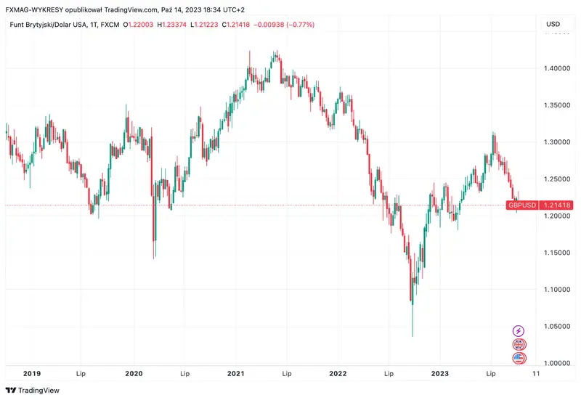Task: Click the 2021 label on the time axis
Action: (x=235, y=373)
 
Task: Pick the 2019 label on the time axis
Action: (x=31, y=373)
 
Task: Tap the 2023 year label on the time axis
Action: (x=439, y=373)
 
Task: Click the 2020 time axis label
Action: (x=134, y=373)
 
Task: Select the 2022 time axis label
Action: (x=337, y=373)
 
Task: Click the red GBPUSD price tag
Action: (x=522, y=205)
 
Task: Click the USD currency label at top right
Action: (x=553, y=25)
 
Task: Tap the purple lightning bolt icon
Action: (x=519, y=331)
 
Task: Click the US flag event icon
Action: (x=519, y=358)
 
